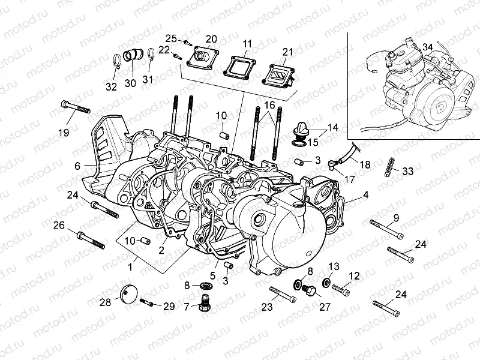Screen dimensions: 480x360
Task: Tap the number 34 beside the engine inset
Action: pyautogui.click(x=428, y=47)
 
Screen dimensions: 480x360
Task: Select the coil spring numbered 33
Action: pyautogui.click(x=389, y=167)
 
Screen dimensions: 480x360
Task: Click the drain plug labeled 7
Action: pyautogui.click(x=204, y=302)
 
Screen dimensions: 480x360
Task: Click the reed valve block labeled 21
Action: pyautogui.click(x=279, y=74)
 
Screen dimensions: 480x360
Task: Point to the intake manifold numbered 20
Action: pyautogui.click(x=203, y=58)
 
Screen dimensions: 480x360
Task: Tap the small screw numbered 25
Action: pyautogui.click(x=186, y=43)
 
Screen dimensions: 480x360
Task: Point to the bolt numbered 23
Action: pyautogui.click(x=283, y=294)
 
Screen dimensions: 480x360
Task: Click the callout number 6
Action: pyautogui.click(x=77, y=166)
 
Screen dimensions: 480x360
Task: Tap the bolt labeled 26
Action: pyautogui.click(x=91, y=241)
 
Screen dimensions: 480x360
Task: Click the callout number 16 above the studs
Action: pyautogui.click(x=269, y=106)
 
